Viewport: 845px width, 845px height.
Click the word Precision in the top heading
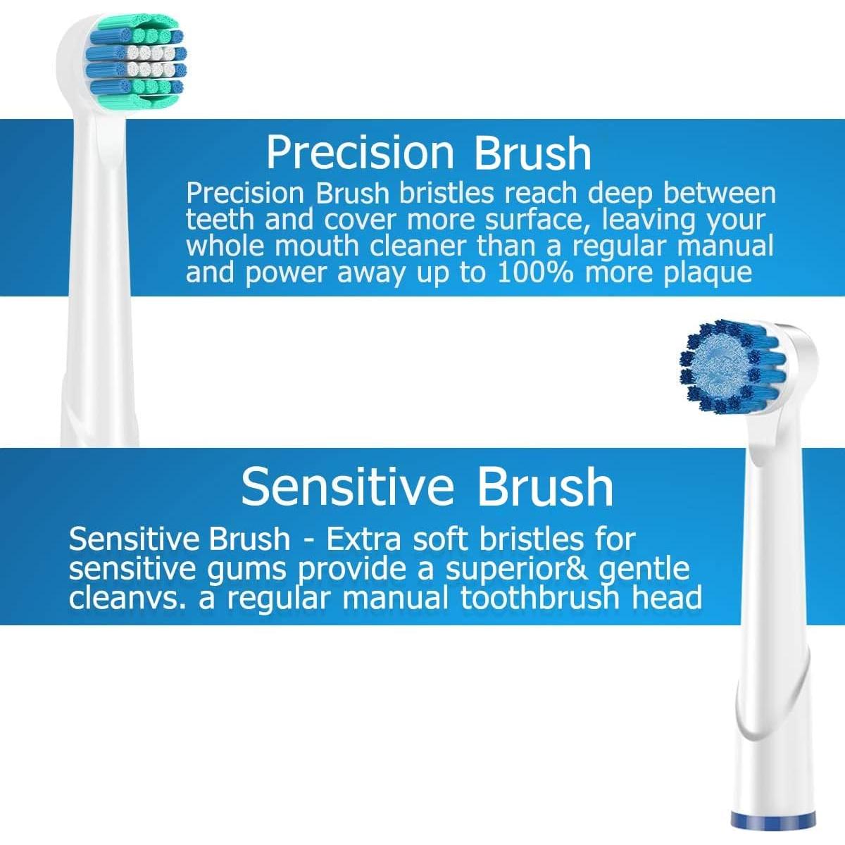[361, 153]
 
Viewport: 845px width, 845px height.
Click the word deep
[623, 193]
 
